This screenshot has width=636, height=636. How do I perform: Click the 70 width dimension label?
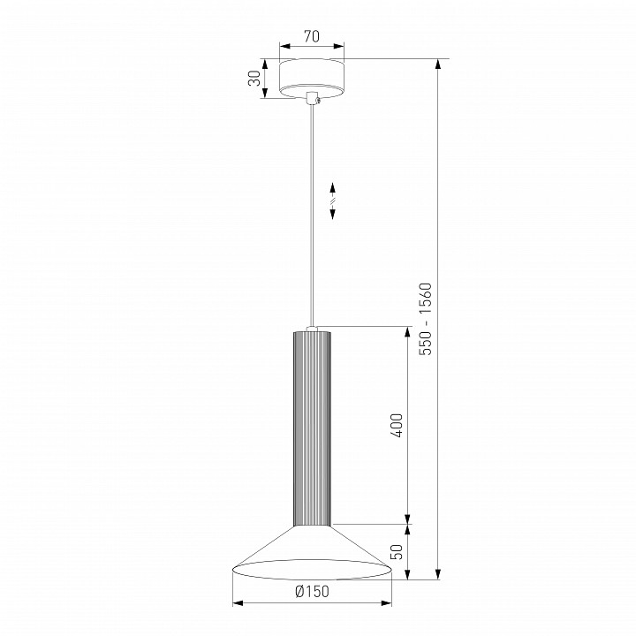click(312, 36)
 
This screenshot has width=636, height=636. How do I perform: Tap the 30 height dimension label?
click(254, 79)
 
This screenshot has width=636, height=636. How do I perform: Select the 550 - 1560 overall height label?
click(426, 319)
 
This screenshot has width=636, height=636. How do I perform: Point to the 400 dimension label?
click(397, 426)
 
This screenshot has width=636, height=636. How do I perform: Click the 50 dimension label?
click(397, 552)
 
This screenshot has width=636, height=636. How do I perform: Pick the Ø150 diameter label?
click(312, 592)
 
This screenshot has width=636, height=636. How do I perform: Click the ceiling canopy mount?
click(312, 79)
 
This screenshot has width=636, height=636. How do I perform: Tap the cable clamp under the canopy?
click(313, 99)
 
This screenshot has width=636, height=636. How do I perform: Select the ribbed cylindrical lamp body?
click(312, 428)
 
